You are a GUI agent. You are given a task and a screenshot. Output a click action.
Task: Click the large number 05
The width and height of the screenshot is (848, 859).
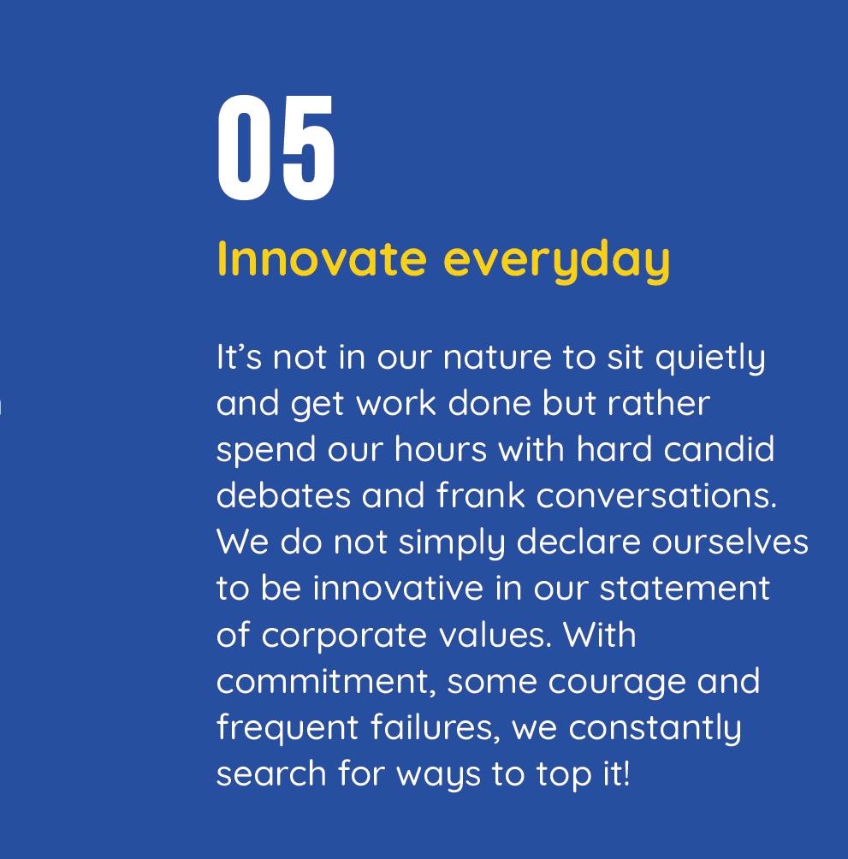click(x=276, y=148)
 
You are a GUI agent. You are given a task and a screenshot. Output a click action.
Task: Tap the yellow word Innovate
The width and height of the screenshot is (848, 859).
click(x=322, y=258)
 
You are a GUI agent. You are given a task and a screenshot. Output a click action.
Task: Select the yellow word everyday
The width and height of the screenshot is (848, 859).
click(x=556, y=262)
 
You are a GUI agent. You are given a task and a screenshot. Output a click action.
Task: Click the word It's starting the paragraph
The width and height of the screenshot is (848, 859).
click(x=240, y=357)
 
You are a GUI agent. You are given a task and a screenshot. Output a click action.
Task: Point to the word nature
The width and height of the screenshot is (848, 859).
click(x=497, y=358)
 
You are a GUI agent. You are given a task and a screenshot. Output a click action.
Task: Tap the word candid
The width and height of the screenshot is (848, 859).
click(x=719, y=450)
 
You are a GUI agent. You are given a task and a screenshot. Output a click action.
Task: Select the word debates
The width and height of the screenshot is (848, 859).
click(x=283, y=495)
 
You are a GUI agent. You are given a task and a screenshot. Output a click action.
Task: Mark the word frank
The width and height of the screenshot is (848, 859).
click(x=480, y=495)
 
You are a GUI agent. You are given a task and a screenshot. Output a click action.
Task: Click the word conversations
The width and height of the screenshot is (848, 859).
click(x=656, y=495)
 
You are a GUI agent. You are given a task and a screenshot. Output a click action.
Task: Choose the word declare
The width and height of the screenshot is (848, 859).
click(x=578, y=542)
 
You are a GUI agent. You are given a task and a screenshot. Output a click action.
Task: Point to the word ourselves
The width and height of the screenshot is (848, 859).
click(x=730, y=543)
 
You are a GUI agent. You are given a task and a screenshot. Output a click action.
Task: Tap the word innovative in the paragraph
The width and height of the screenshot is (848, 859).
click(x=398, y=589)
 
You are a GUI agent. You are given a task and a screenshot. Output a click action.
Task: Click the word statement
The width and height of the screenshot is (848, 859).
click(x=685, y=589)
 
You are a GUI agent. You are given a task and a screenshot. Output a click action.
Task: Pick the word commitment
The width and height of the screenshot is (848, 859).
click(x=326, y=683)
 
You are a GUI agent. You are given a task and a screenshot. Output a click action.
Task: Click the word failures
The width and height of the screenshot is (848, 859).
click(x=436, y=729)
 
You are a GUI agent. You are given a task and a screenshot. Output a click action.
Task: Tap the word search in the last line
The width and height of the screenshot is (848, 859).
click(x=271, y=774)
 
